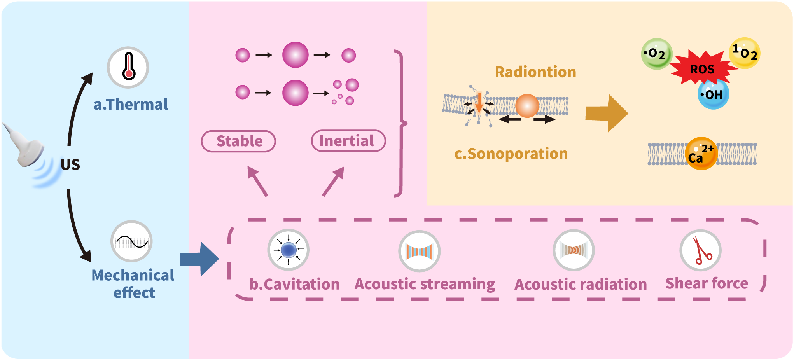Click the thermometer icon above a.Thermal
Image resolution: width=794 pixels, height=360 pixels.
[x=128, y=68]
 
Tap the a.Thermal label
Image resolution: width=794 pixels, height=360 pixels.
[x=131, y=104]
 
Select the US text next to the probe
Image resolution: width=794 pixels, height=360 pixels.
[x=70, y=164]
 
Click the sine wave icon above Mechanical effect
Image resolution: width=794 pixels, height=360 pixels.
[x=131, y=241]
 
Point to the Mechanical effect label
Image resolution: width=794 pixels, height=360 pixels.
[x=133, y=283]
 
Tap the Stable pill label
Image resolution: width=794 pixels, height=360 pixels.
[x=238, y=141]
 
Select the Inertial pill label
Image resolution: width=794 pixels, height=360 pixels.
[x=348, y=140]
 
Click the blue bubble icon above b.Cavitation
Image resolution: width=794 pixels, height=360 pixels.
[x=288, y=250]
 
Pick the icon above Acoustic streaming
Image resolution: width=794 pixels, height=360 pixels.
[x=419, y=251]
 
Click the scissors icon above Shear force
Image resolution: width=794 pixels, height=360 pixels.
[x=700, y=250]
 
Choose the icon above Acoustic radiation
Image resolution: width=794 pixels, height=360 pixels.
[x=574, y=250]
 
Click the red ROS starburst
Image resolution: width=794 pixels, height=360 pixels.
[x=702, y=69]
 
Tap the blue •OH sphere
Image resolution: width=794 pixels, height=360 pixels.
[x=713, y=94]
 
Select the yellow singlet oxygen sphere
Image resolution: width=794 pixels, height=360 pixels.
[x=744, y=53]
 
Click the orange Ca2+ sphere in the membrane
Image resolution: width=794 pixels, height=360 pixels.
[x=701, y=154]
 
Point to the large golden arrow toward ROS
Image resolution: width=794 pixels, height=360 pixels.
[x=606, y=113]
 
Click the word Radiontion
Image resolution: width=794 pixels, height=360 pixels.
[x=535, y=72]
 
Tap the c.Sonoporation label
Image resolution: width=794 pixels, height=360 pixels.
[x=511, y=154]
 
